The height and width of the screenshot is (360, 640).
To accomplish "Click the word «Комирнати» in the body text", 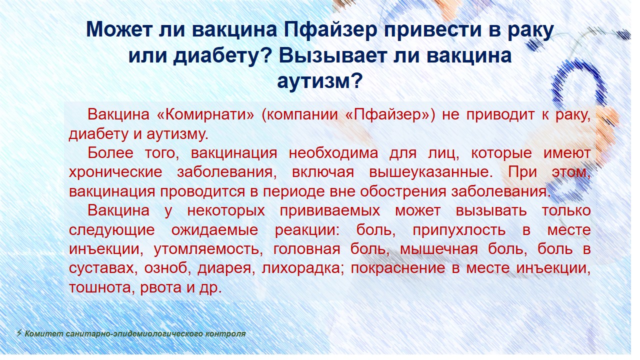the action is pos(205,114).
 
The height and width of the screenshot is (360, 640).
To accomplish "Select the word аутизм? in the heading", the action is pos(319,81).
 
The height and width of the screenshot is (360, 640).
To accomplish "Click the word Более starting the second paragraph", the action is pos(110,153).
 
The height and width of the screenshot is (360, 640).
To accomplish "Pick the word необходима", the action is pos(333,153).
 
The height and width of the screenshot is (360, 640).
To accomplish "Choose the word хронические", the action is pos(115,172).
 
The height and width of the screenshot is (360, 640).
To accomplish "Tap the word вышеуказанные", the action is pos(431,172).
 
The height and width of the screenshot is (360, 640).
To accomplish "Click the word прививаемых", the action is pos(329,211).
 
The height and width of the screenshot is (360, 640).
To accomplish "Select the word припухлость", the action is pos(459,230).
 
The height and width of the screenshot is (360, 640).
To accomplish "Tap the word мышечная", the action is pos(438,249).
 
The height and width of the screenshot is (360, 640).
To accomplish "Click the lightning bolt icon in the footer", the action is pos(19,333).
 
